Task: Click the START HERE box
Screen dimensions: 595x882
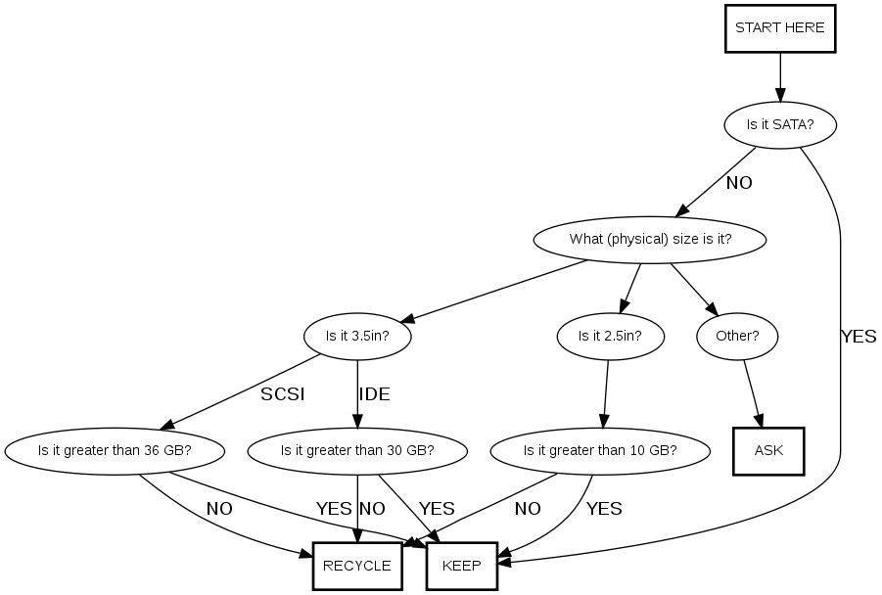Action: (779, 28)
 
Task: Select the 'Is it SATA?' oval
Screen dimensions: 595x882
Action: (779, 124)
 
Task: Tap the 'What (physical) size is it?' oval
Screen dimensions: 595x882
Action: (650, 239)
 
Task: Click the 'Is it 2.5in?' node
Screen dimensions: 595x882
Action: (610, 336)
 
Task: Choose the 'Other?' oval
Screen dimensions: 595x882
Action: (737, 336)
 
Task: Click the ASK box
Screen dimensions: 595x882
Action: (768, 451)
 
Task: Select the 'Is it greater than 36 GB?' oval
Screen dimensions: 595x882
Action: (115, 451)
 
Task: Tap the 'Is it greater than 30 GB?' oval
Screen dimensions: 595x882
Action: (357, 451)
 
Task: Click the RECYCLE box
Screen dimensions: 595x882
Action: (357, 566)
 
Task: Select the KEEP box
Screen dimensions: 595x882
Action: (462, 566)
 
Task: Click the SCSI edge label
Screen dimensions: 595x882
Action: (283, 394)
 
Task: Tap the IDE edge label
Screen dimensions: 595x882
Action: (374, 394)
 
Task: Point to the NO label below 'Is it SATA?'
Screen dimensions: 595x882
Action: (739, 182)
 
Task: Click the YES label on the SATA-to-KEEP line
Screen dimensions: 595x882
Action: (859, 337)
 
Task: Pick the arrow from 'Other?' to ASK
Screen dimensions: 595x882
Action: (753, 393)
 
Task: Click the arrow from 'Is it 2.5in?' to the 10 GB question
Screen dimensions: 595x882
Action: (606, 393)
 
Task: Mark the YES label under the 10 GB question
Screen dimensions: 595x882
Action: (604, 509)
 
